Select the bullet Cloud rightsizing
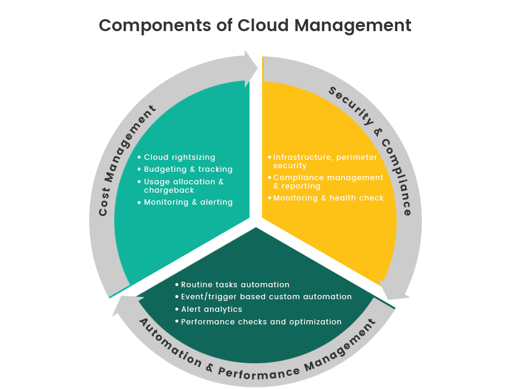180,157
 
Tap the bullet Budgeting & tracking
188,169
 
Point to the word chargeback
169,190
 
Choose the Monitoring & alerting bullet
188,202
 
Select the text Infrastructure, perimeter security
325,161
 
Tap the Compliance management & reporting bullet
328,181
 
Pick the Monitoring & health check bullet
328,198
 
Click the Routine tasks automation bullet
235,285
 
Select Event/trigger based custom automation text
266,297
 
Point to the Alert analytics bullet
211,309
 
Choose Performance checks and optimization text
261,322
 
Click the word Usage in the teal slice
157,182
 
